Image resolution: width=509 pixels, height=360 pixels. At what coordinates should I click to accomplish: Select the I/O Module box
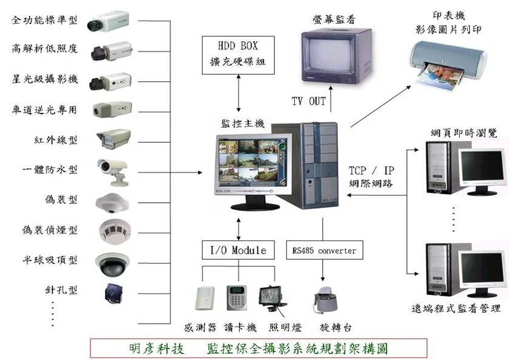point(238,250)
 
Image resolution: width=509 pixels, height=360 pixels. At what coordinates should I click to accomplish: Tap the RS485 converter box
point(324,250)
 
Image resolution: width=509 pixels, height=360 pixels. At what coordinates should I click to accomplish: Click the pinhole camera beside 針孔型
point(112,292)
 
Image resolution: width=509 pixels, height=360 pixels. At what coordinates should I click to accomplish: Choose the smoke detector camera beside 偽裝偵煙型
point(112,230)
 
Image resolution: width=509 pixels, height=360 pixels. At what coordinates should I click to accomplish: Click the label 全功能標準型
point(45,20)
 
